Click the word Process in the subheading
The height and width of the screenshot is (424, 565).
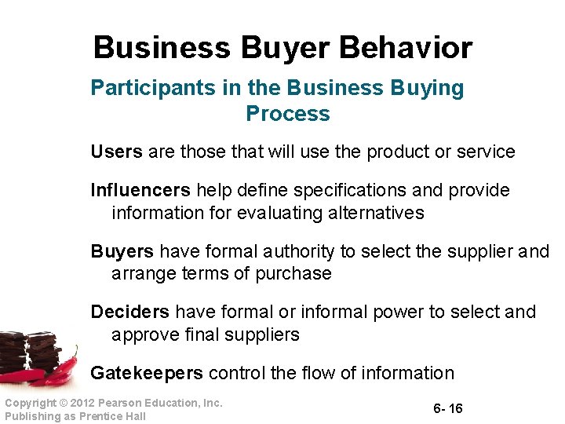288,114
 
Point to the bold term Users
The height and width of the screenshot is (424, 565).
116,152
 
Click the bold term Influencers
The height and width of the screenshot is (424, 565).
140,190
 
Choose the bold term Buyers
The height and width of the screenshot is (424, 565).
122,251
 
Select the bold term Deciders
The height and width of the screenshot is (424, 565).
129,312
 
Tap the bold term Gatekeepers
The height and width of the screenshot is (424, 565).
147,373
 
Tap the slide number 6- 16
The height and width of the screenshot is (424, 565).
447,409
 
